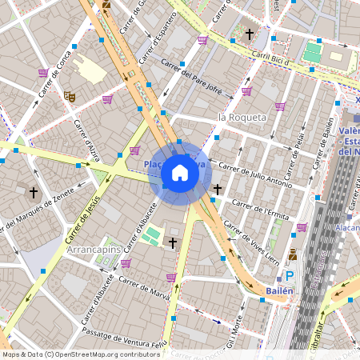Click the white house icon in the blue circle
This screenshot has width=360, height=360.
[180, 172]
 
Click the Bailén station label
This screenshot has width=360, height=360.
[279, 290]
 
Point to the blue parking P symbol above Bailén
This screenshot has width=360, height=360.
[290, 275]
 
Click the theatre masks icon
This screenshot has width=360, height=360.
[70, 96]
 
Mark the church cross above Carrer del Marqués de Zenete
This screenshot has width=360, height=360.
[34, 193]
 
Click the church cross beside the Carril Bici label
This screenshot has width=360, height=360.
[250, 34]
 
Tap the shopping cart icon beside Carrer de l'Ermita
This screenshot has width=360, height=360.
[302, 227]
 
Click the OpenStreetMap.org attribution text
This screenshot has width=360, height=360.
[104, 354]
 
